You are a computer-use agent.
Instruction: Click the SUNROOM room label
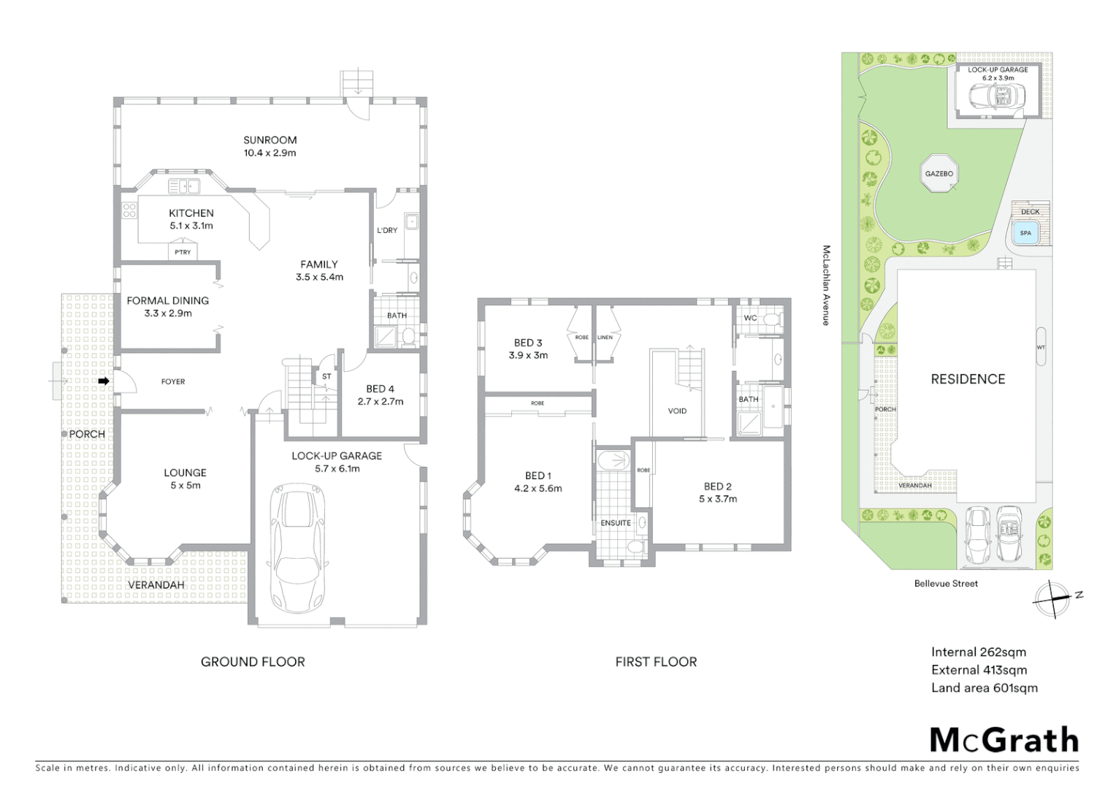click(x=270, y=140)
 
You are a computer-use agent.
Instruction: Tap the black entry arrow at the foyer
click(x=104, y=381)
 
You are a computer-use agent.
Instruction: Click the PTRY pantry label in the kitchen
click(x=183, y=252)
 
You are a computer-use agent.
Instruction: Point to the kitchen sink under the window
click(x=184, y=186)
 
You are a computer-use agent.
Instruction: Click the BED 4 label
click(x=380, y=389)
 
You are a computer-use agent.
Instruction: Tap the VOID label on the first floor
click(x=677, y=411)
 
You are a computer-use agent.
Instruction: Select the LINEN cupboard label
click(x=605, y=338)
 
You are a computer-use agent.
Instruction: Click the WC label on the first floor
click(x=750, y=318)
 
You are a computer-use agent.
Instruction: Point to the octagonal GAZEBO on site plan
click(x=939, y=174)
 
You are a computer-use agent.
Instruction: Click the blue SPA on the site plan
click(x=1025, y=233)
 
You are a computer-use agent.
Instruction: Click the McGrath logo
click(x=1004, y=740)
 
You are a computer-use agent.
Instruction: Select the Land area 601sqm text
click(x=984, y=687)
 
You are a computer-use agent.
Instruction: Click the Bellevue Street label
click(x=946, y=583)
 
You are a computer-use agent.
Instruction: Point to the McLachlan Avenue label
click(x=826, y=285)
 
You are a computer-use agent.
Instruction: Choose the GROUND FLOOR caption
click(x=253, y=661)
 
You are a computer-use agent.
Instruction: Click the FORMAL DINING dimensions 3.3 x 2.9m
click(x=168, y=313)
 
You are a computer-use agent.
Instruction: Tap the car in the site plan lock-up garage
click(x=998, y=96)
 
